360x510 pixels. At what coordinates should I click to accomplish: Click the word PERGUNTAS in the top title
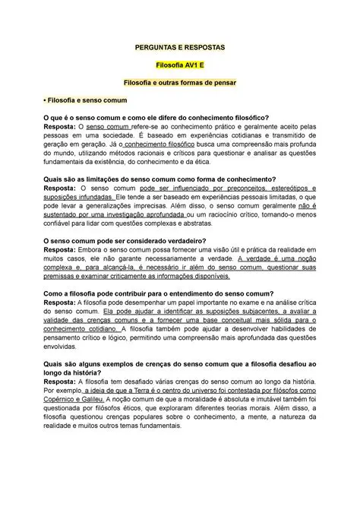coord(150,47)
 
